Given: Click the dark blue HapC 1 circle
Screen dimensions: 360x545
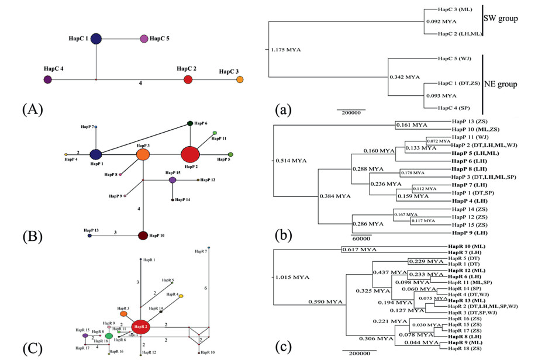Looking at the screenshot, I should point(96,39).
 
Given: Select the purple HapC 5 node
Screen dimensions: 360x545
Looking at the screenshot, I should point(144,39).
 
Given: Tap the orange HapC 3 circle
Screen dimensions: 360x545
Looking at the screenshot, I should point(240,79).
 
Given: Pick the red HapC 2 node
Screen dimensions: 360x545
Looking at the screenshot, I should point(188,79).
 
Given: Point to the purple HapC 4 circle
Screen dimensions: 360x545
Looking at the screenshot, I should point(48,79).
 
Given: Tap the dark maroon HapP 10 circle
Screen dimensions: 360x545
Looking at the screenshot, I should point(143,236).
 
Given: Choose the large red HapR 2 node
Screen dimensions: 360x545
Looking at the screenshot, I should point(140,327).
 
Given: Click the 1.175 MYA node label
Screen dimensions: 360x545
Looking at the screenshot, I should point(286,50).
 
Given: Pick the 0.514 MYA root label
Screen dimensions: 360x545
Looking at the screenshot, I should point(291,159).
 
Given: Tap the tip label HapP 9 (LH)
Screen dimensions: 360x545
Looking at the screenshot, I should point(470,233).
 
